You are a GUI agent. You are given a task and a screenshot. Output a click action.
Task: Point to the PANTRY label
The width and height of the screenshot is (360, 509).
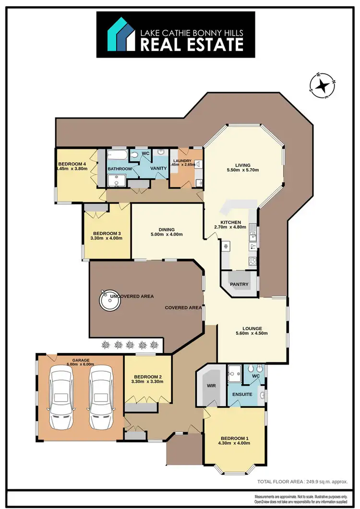coord(239,284)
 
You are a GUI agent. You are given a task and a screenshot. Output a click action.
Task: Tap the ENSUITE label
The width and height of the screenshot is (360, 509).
coord(242,394)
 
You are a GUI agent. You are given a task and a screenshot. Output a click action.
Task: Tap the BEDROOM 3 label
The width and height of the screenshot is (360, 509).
coord(107,234)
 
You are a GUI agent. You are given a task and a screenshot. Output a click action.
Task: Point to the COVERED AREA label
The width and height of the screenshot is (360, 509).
coord(183,308)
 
